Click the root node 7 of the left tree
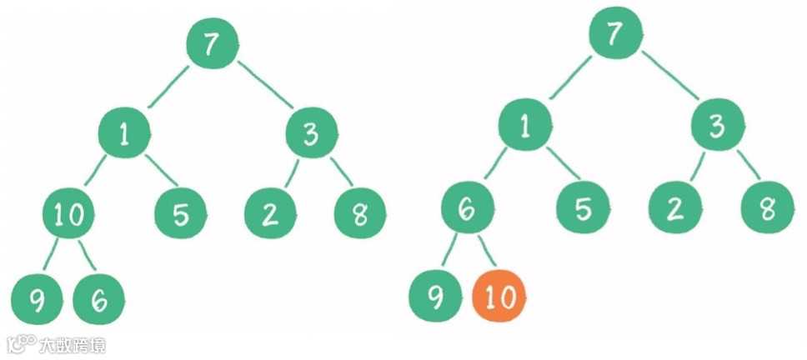point(213,44)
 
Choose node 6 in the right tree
point(468,210)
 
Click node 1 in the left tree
point(124,136)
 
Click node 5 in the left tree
point(181,214)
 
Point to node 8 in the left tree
point(359,214)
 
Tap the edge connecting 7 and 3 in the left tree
point(266,86)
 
